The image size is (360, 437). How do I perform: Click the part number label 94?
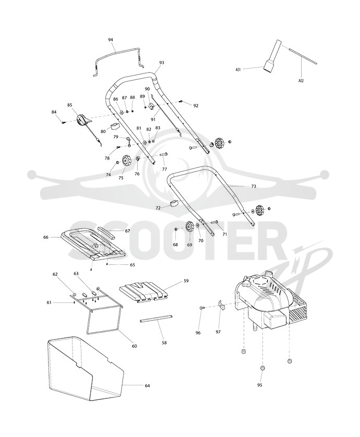(x=111, y=40)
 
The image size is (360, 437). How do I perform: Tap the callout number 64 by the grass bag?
(x=147, y=386)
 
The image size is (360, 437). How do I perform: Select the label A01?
(x=238, y=70)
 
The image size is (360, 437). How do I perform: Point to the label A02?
(x=301, y=81)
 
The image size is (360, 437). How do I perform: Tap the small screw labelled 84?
(x=63, y=123)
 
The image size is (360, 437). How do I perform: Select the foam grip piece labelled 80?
(x=114, y=126)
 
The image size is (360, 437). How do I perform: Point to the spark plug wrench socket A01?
(x=271, y=57)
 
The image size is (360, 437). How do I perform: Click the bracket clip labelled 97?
(x=222, y=305)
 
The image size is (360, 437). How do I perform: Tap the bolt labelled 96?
(x=202, y=307)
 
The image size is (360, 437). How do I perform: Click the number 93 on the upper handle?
(x=162, y=63)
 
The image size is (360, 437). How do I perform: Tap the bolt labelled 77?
(x=163, y=154)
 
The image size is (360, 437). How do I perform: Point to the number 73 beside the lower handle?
(x=253, y=186)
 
